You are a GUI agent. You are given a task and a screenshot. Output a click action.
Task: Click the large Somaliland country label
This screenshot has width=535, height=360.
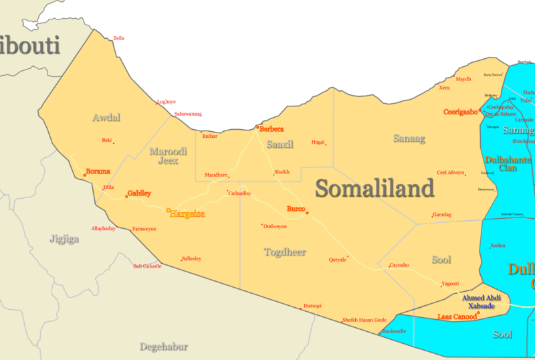[x=374, y=189]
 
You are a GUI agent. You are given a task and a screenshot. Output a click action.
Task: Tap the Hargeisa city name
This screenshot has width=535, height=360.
[x=187, y=214]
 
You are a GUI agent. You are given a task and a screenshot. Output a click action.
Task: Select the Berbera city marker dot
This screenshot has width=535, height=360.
[x=257, y=126]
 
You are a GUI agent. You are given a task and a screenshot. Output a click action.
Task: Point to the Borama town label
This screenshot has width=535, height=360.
[x=98, y=171]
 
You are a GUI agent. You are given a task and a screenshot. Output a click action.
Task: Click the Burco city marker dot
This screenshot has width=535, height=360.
[x=307, y=213]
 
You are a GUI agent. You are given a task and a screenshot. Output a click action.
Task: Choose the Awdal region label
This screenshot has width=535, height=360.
[x=106, y=118]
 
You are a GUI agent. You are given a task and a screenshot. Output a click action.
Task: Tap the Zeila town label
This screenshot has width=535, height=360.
[x=118, y=38]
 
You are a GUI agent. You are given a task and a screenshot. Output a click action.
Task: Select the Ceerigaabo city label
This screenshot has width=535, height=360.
[x=460, y=112]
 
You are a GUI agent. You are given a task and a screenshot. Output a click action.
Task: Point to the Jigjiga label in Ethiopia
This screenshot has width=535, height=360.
[x=64, y=238]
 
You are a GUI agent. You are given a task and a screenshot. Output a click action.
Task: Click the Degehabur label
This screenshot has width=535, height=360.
[x=163, y=347]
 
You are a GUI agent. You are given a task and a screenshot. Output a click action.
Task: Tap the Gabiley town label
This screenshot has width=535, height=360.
[x=139, y=193]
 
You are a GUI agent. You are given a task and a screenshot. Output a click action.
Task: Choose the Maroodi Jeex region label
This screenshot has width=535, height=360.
[x=168, y=155]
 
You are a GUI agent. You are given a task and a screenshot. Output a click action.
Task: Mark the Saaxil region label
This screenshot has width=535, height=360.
[x=280, y=144]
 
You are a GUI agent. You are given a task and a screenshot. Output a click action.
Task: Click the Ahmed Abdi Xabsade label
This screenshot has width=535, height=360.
[x=481, y=301]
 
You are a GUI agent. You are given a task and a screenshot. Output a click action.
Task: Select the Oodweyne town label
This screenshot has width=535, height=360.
[x=275, y=226]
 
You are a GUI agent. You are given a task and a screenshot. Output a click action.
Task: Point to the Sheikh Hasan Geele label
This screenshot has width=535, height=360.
[x=364, y=320]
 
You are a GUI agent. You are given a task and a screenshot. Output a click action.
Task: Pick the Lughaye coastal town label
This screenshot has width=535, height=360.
[x=166, y=102]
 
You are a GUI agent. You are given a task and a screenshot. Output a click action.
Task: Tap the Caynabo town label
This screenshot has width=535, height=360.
[x=399, y=266]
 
